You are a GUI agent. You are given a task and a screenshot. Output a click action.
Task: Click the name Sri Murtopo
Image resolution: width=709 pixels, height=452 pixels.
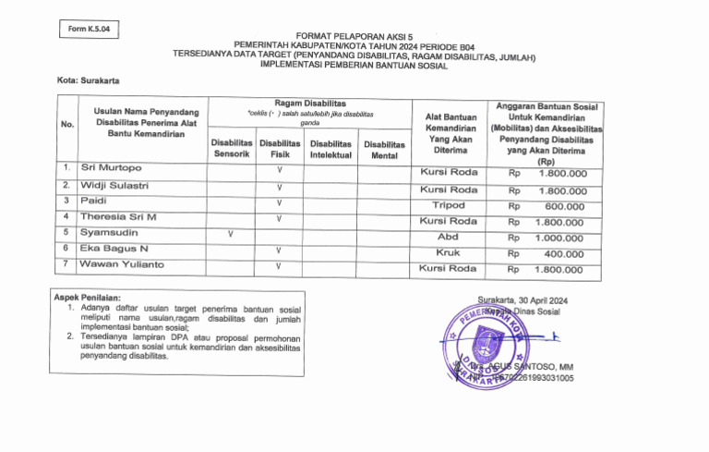tap(111, 168)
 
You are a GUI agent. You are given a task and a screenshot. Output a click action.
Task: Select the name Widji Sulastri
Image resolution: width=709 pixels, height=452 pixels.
tap(114, 186)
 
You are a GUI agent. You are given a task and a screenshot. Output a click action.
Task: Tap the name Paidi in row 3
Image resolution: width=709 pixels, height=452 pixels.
tap(94, 201)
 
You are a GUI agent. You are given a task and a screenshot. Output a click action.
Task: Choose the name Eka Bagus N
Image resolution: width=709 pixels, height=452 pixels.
tap(114, 249)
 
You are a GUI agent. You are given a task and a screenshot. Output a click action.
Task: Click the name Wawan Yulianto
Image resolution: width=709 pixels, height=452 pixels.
tap(122, 265)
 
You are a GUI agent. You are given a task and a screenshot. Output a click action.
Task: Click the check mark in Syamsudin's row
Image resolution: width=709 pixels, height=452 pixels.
tap(230, 234)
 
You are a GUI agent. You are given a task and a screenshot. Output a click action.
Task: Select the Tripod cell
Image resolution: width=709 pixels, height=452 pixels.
tap(449, 205)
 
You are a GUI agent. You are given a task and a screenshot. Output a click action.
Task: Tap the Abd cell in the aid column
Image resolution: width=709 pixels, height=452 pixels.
tap(448, 237)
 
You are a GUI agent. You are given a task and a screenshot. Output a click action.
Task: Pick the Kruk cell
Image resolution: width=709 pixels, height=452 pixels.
tap(448, 252)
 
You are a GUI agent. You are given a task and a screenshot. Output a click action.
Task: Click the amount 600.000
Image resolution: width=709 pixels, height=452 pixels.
tap(565, 207)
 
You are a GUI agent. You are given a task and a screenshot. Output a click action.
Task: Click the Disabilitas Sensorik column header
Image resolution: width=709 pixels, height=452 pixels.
tap(231, 149)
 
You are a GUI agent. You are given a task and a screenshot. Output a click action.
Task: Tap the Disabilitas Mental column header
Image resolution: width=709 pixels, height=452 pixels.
tap(384, 151)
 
